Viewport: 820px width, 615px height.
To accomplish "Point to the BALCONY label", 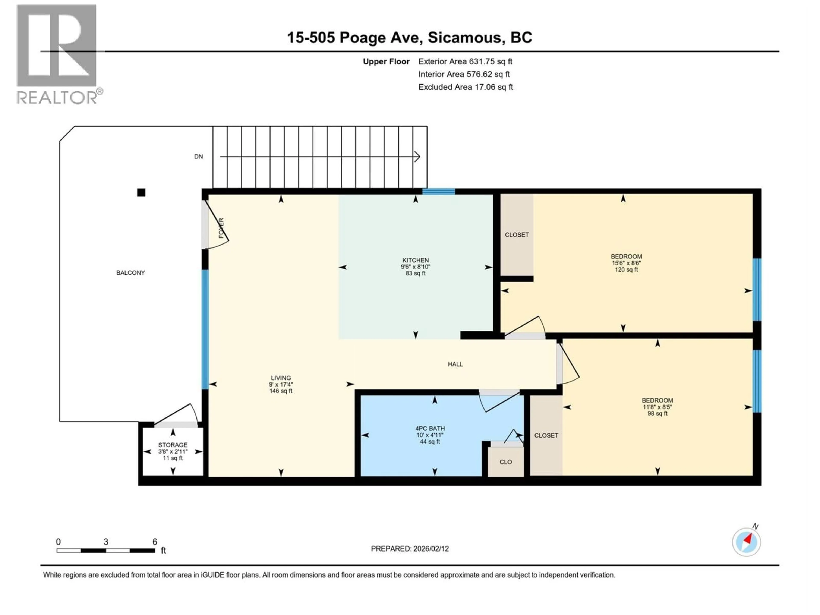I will tap(130, 273).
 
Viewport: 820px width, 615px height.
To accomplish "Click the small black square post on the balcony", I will tap(141, 192).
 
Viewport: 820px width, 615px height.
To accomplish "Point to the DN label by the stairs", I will tap(198, 157).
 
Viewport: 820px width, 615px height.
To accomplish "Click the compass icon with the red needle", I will tap(746, 542).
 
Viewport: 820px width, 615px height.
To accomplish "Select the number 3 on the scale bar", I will tap(106, 542).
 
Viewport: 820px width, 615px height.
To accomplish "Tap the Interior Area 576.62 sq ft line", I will tap(464, 74).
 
